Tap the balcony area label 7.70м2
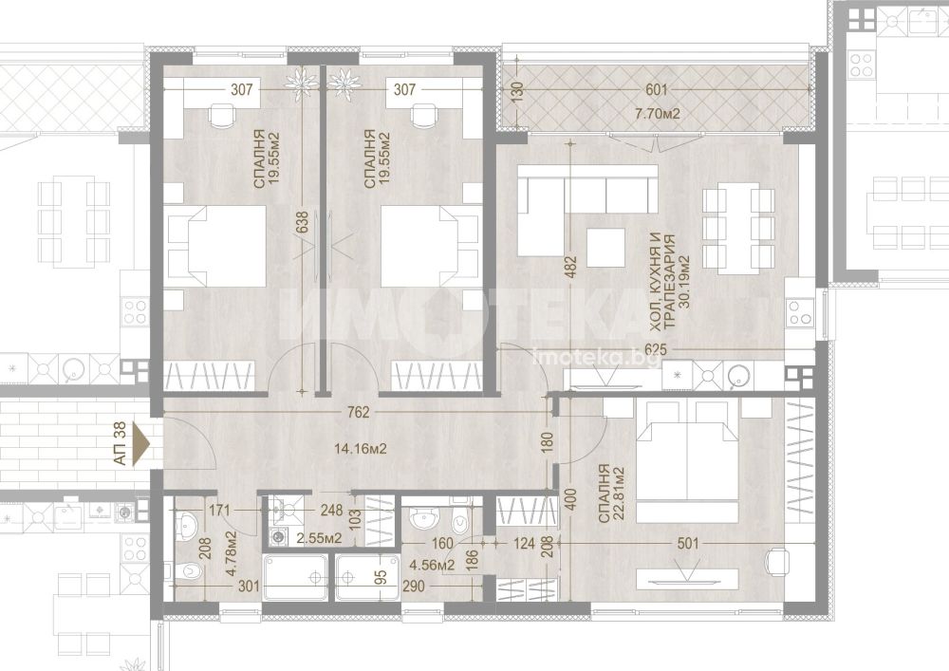click(x=657, y=114)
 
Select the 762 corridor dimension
click(x=359, y=413)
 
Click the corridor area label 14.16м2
click(x=361, y=449)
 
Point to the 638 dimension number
click(x=303, y=222)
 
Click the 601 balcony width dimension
click(x=656, y=90)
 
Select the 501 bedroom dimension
click(x=687, y=543)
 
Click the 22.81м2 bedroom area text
click(x=617, y=493)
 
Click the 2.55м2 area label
click(x=318, y=538)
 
